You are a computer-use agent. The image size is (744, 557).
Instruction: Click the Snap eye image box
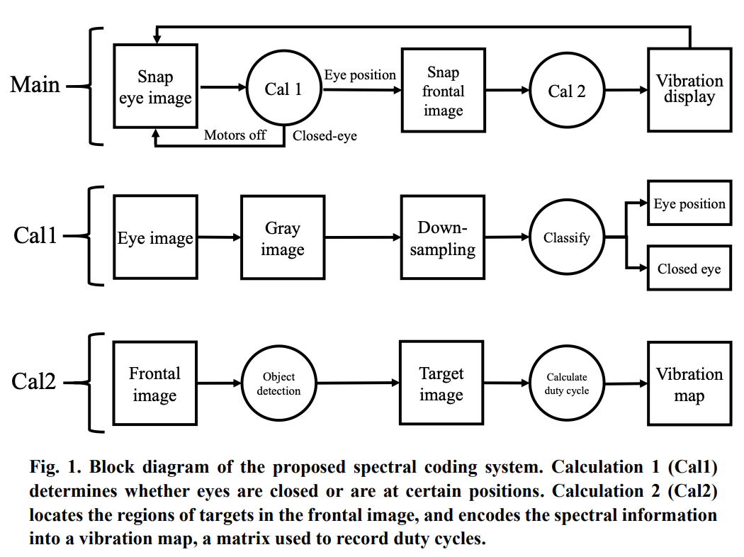pos(155,86)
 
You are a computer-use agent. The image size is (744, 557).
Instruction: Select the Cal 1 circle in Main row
pos(283,89)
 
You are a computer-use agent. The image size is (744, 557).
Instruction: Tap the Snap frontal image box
pos(444,91)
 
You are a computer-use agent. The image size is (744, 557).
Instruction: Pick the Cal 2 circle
pos(567,91)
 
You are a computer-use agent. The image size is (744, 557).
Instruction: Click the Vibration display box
pos(689,89)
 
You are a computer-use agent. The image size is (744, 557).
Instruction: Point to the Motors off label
pos(235,135)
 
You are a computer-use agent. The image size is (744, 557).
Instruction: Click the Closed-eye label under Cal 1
pos(325,135)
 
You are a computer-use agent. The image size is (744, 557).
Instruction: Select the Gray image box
pos(282,238)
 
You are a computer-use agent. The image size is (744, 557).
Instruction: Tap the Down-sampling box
pos(444,238)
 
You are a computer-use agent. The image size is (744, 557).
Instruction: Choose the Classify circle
pos(566,238)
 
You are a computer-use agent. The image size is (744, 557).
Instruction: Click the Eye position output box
pos(689,204)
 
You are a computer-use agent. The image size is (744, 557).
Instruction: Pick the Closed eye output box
pos(689,269)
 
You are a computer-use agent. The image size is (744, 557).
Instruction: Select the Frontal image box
pos(155,383)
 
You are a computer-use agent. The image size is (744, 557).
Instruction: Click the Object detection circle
pos(278,383)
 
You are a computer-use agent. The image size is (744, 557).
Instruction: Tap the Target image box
pos(441,383)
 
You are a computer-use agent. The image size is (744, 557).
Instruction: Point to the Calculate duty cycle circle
pos(566,383)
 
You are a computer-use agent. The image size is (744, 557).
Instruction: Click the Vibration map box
pos(689,383)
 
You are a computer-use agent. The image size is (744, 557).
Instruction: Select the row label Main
pos(35,85)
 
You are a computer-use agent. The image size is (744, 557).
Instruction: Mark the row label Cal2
pos(33,381)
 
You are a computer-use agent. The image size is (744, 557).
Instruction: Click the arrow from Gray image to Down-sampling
pos(362,239)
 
